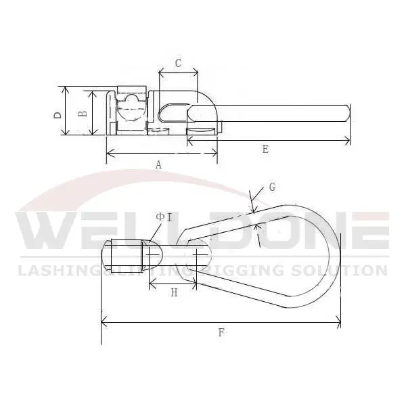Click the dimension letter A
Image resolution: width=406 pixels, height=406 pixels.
158,164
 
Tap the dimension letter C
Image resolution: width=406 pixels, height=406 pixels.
178,64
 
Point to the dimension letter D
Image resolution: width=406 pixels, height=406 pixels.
58,114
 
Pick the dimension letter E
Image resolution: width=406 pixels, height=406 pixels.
265,150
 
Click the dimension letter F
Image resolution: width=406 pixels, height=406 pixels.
221,332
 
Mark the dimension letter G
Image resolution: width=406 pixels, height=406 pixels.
272,187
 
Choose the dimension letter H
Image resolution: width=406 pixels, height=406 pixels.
174,293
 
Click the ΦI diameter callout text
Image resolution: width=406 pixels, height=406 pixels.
164,217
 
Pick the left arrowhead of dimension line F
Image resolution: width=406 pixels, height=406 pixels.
103,323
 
